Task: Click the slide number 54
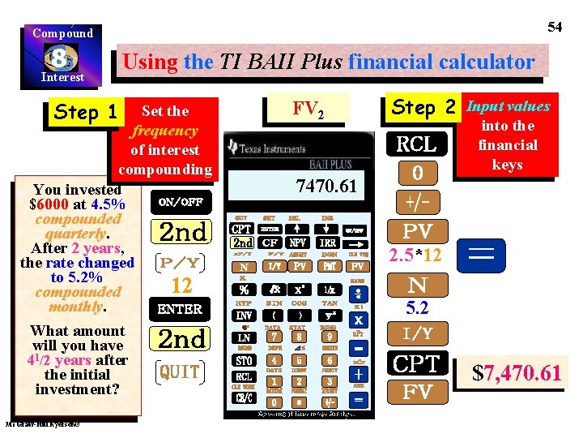click(x=555, y=27)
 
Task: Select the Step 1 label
click(x=85, y=113)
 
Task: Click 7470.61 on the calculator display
click(x=326, y=187)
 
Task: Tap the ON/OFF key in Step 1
click(x=181, y=202)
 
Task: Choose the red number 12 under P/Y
click(x=181, y=286)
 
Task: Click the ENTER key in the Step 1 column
click(x=181, y=309)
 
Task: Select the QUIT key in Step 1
click(x=181, y=371)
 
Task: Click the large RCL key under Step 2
click(x=416, y=144)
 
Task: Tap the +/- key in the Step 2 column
click(x=416, y=200)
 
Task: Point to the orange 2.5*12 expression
click(x=415, y=255)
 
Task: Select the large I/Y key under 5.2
click(x=417, y=333)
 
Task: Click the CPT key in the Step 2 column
click(x=417, y=363)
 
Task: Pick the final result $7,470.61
click(x=517, y=373)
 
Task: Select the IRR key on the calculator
click(x=327, y=243)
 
